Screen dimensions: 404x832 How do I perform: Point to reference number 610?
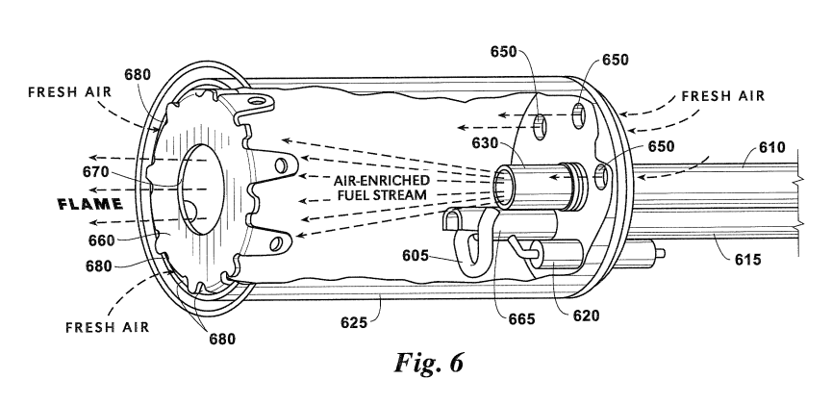tap(770, 148)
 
